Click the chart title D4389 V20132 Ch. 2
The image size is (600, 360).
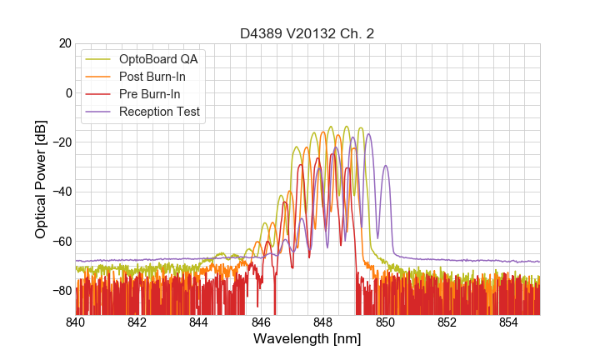pyautogui.click(x=307, y=33)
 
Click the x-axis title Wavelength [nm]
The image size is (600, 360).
pyautogui.click(x=307, y=339)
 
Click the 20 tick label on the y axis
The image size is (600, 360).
pyautogui.click(x=63, y=43)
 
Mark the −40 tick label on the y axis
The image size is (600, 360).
pyautogui.click(x=60, y=192)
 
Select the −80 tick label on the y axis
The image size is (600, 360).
pyautogui.click(x=60, y=291)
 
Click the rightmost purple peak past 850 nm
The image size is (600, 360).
pyautogui.click(x=385, y=166)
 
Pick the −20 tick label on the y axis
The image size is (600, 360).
pyautogui.click(x=60, y=142)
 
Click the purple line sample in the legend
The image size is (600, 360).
pyautogui.click(x=99, y=112)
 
